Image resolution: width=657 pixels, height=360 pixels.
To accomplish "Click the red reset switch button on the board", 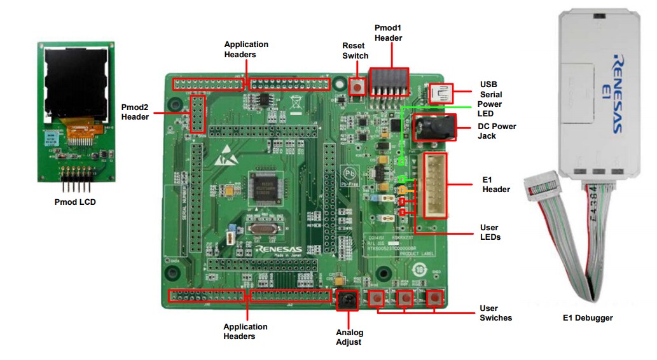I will click(x=358, y=87).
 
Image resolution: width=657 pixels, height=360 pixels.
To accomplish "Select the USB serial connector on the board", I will click(x=439, y=93).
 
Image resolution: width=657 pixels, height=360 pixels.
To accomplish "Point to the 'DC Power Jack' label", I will click(x=497, y=131).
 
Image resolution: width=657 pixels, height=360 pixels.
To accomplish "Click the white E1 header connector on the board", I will click(x=431, y=185).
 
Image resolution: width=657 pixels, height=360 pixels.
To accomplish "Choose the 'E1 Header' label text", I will click(x=496, y=184).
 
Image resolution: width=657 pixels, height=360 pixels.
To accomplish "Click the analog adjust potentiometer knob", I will click(x=347, y=299).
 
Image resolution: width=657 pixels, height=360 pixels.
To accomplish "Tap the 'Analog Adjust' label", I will click(x=349, y=337).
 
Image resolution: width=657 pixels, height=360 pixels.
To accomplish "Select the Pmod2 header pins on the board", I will click(x=198, y=113).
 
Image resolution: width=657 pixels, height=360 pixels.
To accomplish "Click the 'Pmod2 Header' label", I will click(x=135, y=112).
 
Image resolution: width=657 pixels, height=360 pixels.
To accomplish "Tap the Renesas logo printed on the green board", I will click(x=279, y=249).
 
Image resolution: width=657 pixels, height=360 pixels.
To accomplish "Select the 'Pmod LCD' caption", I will click(x=75, y=203).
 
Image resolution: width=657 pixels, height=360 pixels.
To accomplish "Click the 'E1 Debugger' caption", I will click(x=588, y=317).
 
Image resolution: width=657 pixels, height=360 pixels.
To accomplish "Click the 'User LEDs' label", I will click(x=490, y=232).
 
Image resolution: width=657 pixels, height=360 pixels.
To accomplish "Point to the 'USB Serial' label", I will click(x=490, y=90).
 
